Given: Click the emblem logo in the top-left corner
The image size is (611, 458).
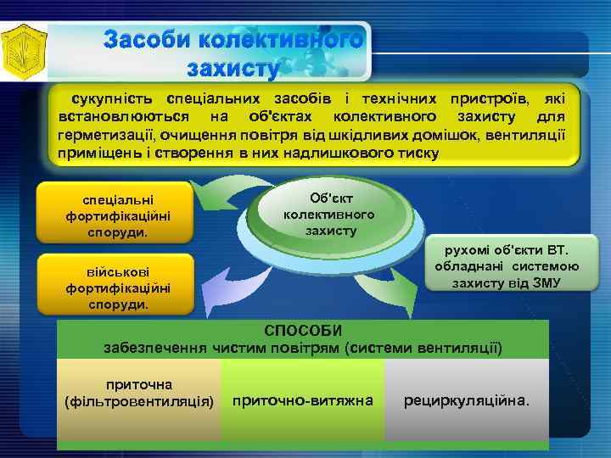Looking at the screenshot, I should [24, 51].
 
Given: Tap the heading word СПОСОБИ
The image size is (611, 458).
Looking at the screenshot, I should [303, 331].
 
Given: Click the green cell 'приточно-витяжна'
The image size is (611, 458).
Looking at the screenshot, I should [302, 399].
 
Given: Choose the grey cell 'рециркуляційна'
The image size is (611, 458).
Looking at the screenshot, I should [467, 399].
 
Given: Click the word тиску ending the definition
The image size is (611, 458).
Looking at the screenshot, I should [420, 154].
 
